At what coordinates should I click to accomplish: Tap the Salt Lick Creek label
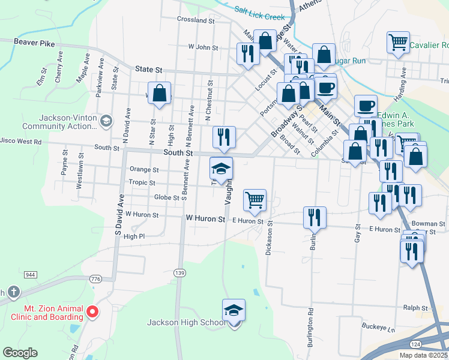[x=259, y=13]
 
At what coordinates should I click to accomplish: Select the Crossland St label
[x=196, y=20]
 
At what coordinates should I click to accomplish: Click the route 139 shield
[x=179, y=273]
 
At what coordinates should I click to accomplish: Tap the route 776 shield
[x=95, y=279]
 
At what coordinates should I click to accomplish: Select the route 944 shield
[x=31, y=274]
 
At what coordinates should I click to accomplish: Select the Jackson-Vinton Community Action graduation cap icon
[x=106, y=121]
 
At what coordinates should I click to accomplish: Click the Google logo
[x=20, y=353]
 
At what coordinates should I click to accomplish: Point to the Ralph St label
[x=415, y=308]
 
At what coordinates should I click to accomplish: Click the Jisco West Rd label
[x=20, y=142]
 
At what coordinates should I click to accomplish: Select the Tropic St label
[x=142, y=183]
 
